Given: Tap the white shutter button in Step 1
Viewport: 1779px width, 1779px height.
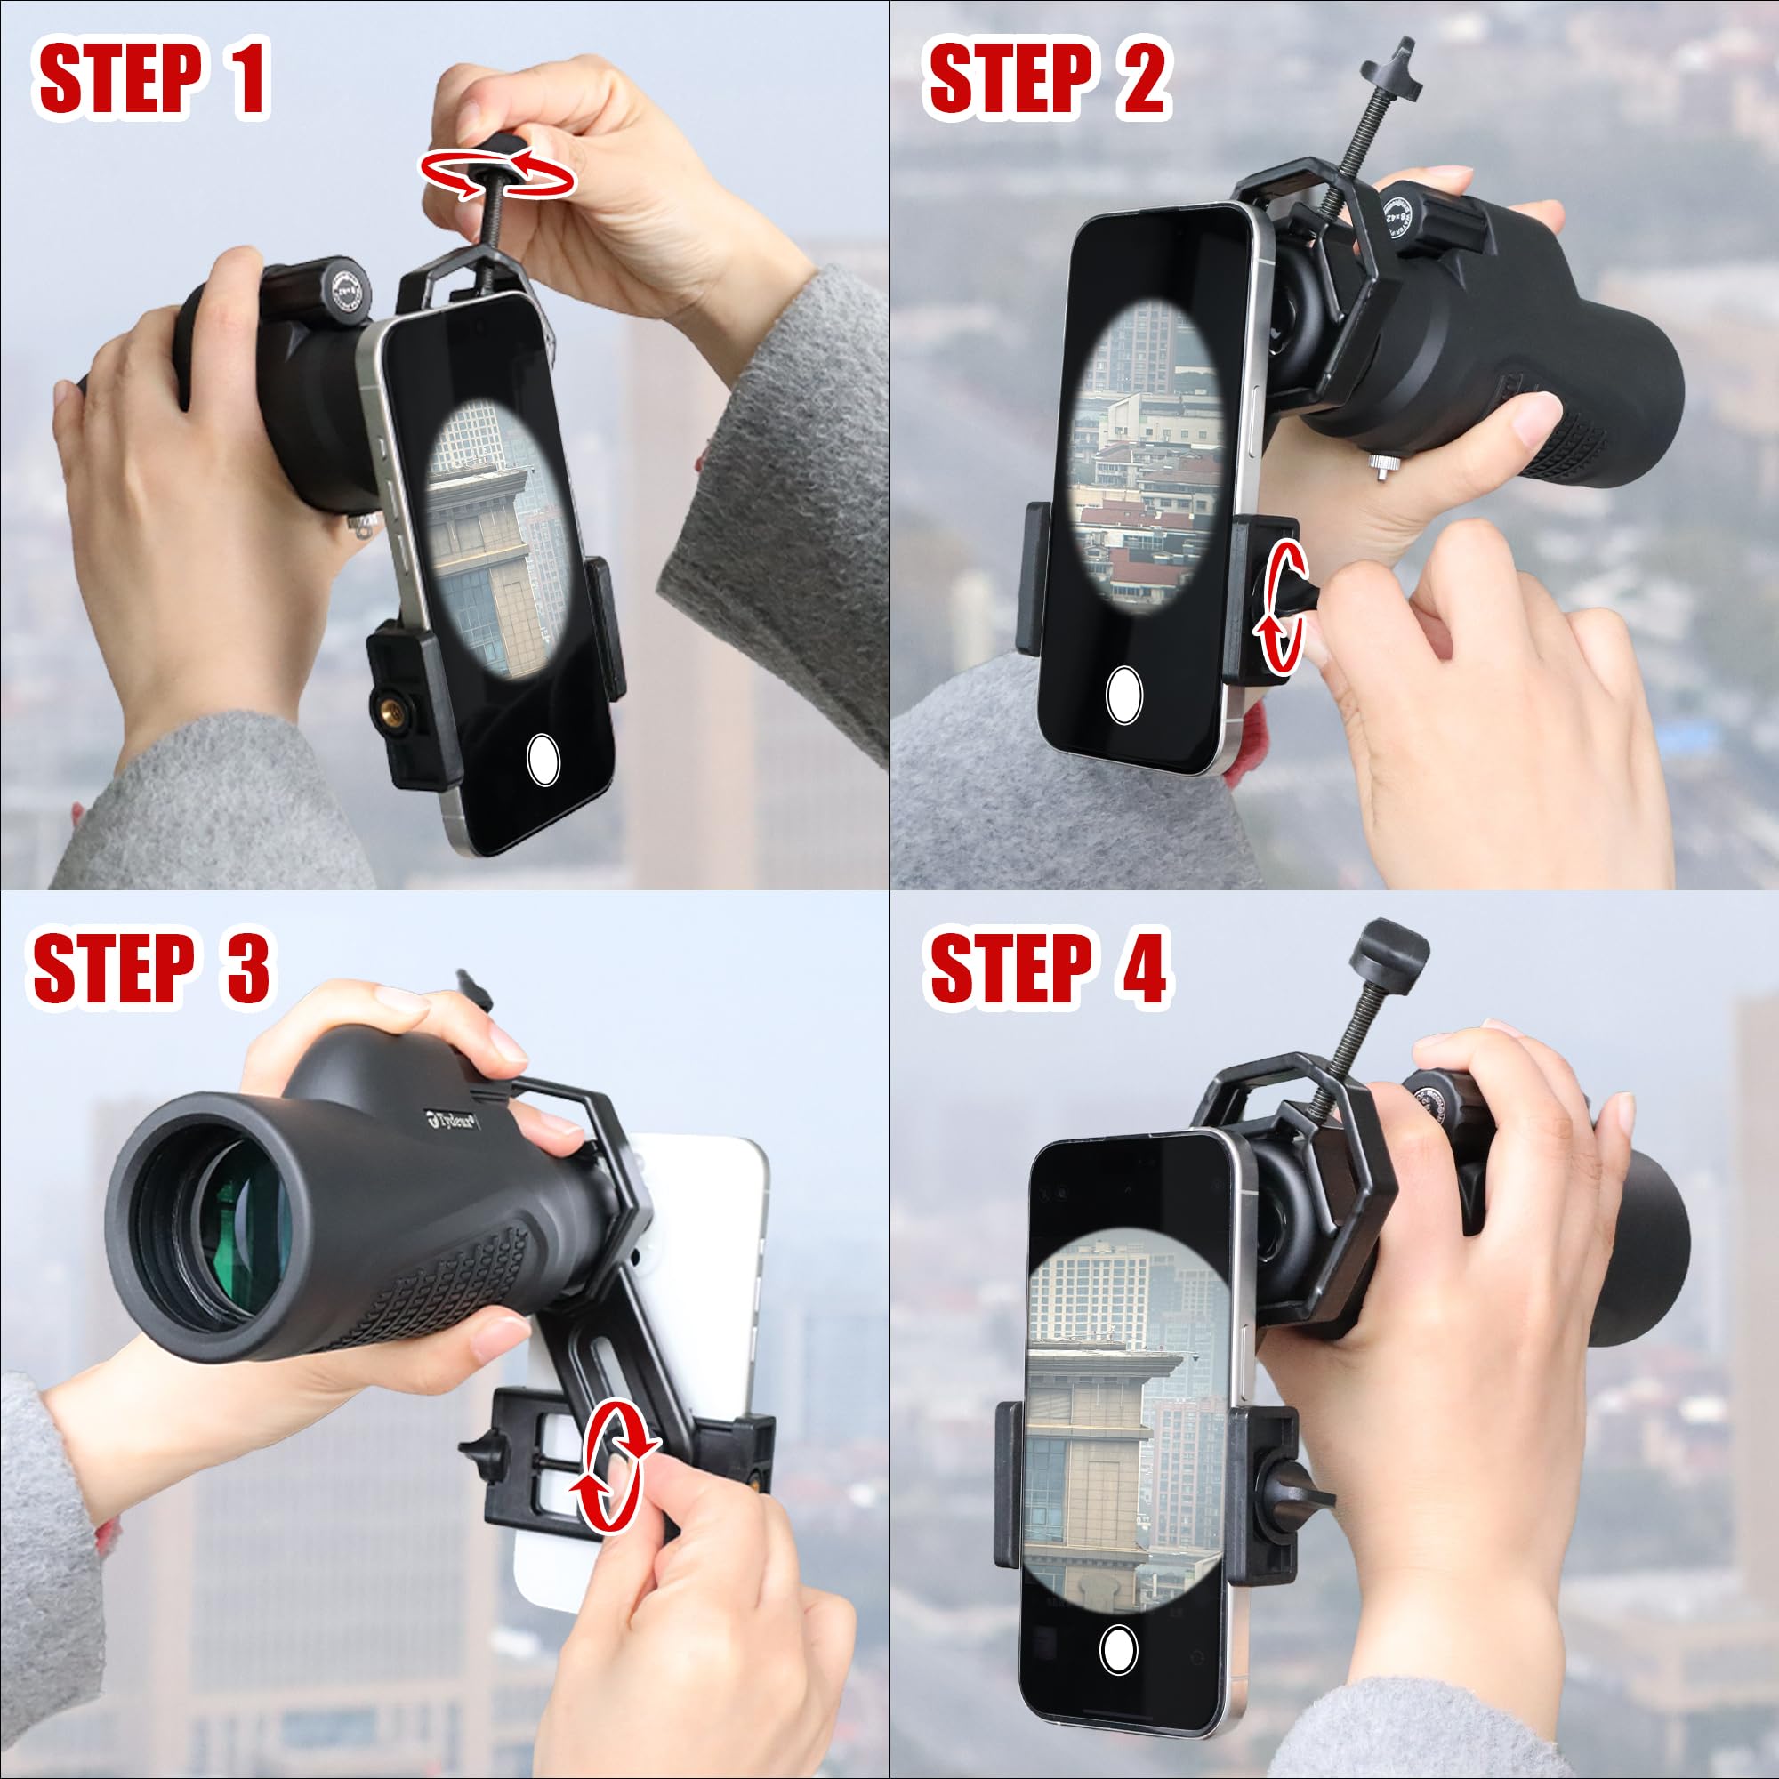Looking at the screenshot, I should click(x=543, y=759).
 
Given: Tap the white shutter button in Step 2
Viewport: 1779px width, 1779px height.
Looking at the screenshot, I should click(x=1124, y=696).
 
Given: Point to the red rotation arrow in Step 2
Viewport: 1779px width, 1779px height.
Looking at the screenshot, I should click(x=1282, y=608).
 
